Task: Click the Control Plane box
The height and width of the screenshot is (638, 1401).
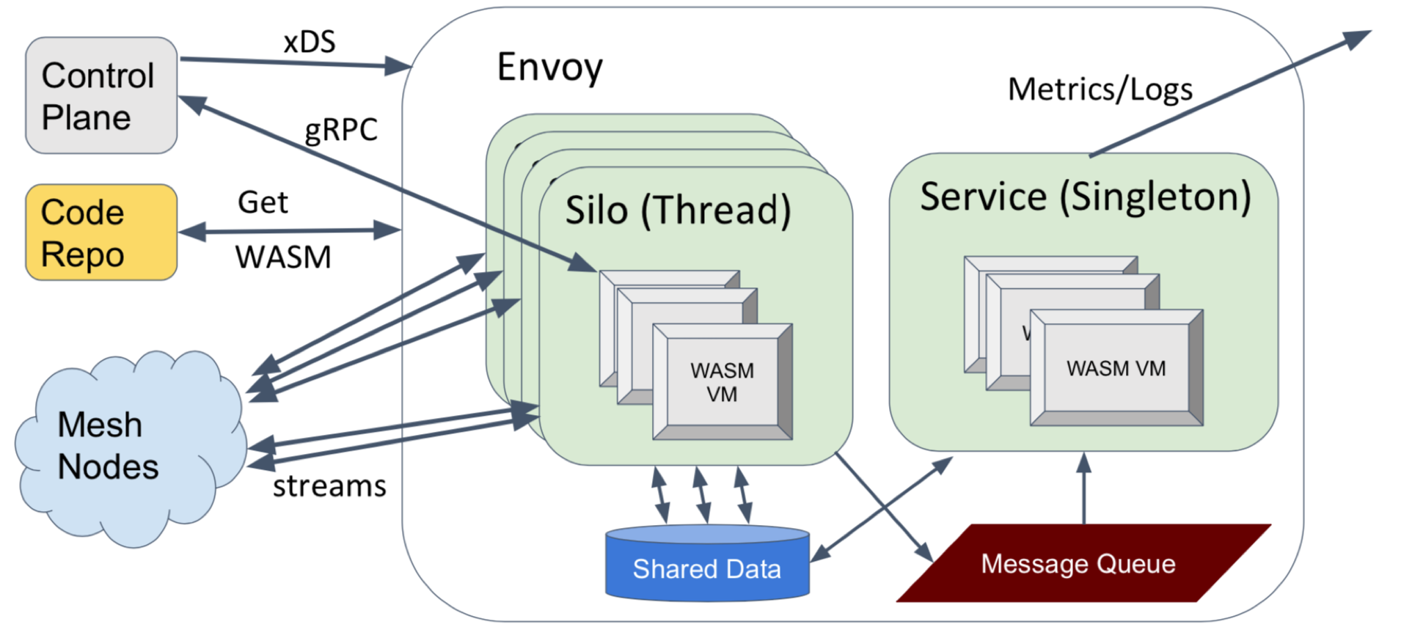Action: click(x=101, y=95)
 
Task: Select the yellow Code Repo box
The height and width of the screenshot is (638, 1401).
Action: click(x=101, y=232)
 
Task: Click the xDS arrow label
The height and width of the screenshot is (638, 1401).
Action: click(x=310, y=42)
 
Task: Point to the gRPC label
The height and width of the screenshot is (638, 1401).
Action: click(x=341, y=130)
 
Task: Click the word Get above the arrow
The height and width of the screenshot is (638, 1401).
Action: click(x=263, y=202)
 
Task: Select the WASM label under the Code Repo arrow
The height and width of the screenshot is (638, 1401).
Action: click(x=283, y=257)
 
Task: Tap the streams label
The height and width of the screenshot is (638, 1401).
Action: click(x=329, y=485)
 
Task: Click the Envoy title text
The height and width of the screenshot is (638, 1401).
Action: click(x=549, y=67)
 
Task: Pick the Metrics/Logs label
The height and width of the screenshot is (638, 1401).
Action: click(x=1100, y=89)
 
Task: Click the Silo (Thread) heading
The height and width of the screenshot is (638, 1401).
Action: click(x=678, y=210)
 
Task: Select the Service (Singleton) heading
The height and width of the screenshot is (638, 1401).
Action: click(x=1085, y=197)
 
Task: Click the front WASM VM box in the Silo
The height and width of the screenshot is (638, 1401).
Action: click(x=722, y=382)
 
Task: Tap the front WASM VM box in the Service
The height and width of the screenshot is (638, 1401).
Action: click(x=1116, y=368)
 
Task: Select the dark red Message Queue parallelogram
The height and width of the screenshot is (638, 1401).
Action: click(x=1078, y=564)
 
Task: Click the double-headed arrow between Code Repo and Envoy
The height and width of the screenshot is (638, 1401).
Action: click(x=289, y=231)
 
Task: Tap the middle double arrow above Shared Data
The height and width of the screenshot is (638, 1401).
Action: click(x=702, y=495)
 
